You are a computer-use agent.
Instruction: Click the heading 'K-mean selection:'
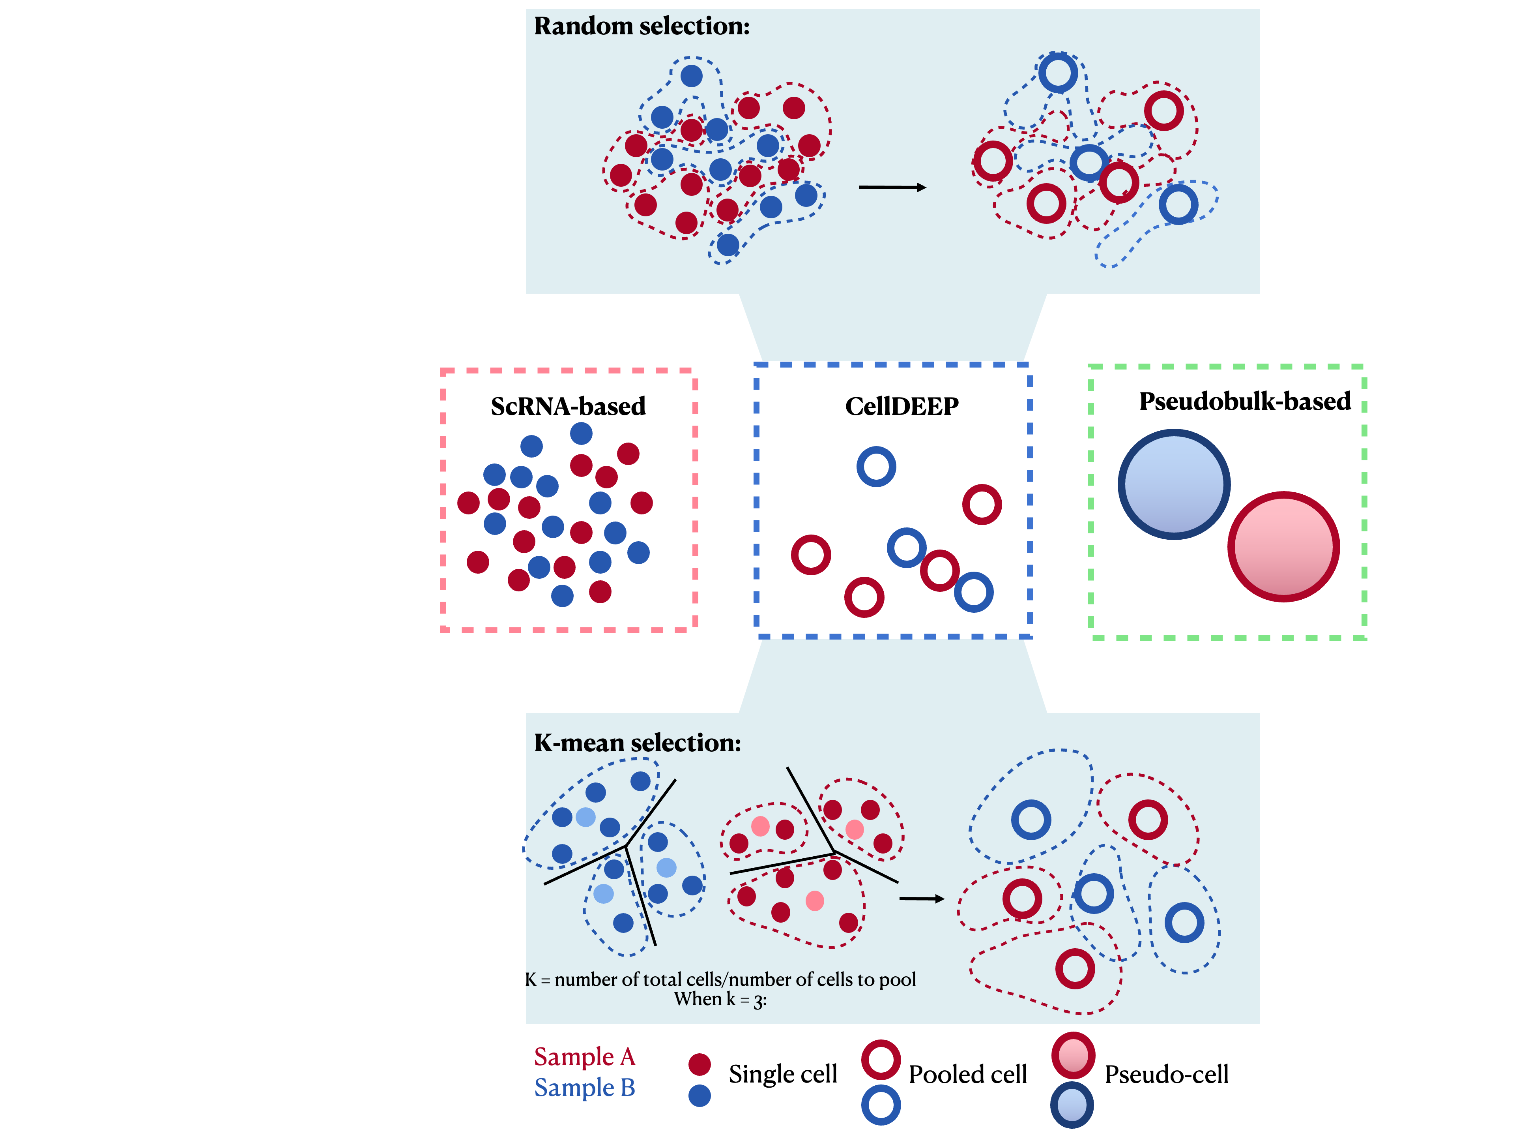coord(637,743)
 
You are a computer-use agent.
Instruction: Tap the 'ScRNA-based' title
coord(568,406)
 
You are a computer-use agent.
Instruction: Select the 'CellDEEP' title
coord(902,406)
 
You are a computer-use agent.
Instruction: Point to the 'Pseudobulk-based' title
coord(1244,402)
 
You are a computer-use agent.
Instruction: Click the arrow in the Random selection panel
coord(892,187)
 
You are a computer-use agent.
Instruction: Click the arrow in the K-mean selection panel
coord(921,899)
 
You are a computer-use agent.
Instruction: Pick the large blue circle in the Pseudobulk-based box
coord(1173,484)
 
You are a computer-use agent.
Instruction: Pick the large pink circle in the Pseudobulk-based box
coord(1283,547)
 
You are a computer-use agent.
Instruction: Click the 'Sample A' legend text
coord(584,1057)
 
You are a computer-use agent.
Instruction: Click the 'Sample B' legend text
coord(584,1088)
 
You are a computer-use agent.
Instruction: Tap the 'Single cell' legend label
coord(782,1074)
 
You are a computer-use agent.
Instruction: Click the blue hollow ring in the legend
coord(881,1105)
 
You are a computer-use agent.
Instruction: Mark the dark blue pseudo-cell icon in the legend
coord(1072,1105)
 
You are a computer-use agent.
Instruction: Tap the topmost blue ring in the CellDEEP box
coord(876,467)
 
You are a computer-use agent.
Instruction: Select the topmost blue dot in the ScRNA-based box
coord(581,433)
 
